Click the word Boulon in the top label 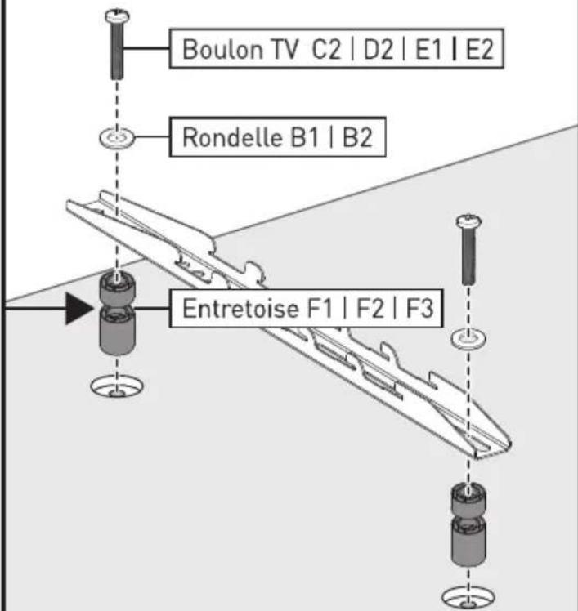click(x=222, y=50)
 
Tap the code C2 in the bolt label click(x=326, y=50)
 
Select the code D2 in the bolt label click(x=379, y=50)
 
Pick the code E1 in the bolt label click(x=428, y=50)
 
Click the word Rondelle click(x=232, y=137)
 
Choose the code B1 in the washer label click(x=305, y=137)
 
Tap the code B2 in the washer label click(x=357, y=137)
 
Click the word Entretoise click(x=240, y=308)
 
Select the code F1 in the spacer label click(x=320, y=308)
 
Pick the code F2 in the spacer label click(x=370, y=308)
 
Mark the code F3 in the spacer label click(x=420, y=308)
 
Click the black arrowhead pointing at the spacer click(x=79, y=309)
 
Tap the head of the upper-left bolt click(x=117, y=16)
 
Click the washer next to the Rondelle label click(x=117, y=138)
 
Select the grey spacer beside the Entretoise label click(x=118, y=314)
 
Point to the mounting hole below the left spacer click(x=117, y=386)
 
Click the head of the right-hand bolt click(x=468, y=221)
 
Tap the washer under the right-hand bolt click(x=468, y=339)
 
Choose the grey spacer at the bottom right click(x=468, y=524)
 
